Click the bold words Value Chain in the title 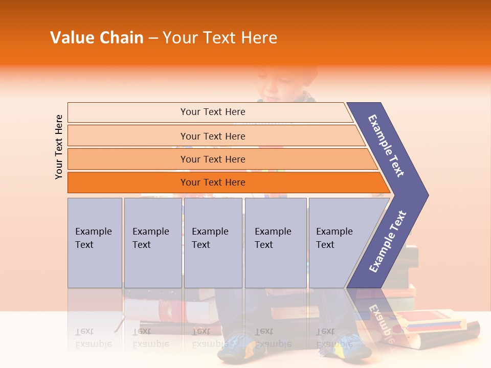coord(97,38)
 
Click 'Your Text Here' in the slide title coord(220,38)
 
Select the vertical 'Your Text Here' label coord(59,147)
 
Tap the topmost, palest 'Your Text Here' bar coord(212,112)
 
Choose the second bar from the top coord(212,136)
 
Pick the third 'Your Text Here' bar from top coord(212,159)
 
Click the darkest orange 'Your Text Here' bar coord(212,182)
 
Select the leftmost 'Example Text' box coord(95,242)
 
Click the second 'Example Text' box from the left coord(152,242)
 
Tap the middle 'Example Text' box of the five coord(213,242)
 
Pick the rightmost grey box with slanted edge coord(338,242)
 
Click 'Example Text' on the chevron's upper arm coord(387,146)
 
